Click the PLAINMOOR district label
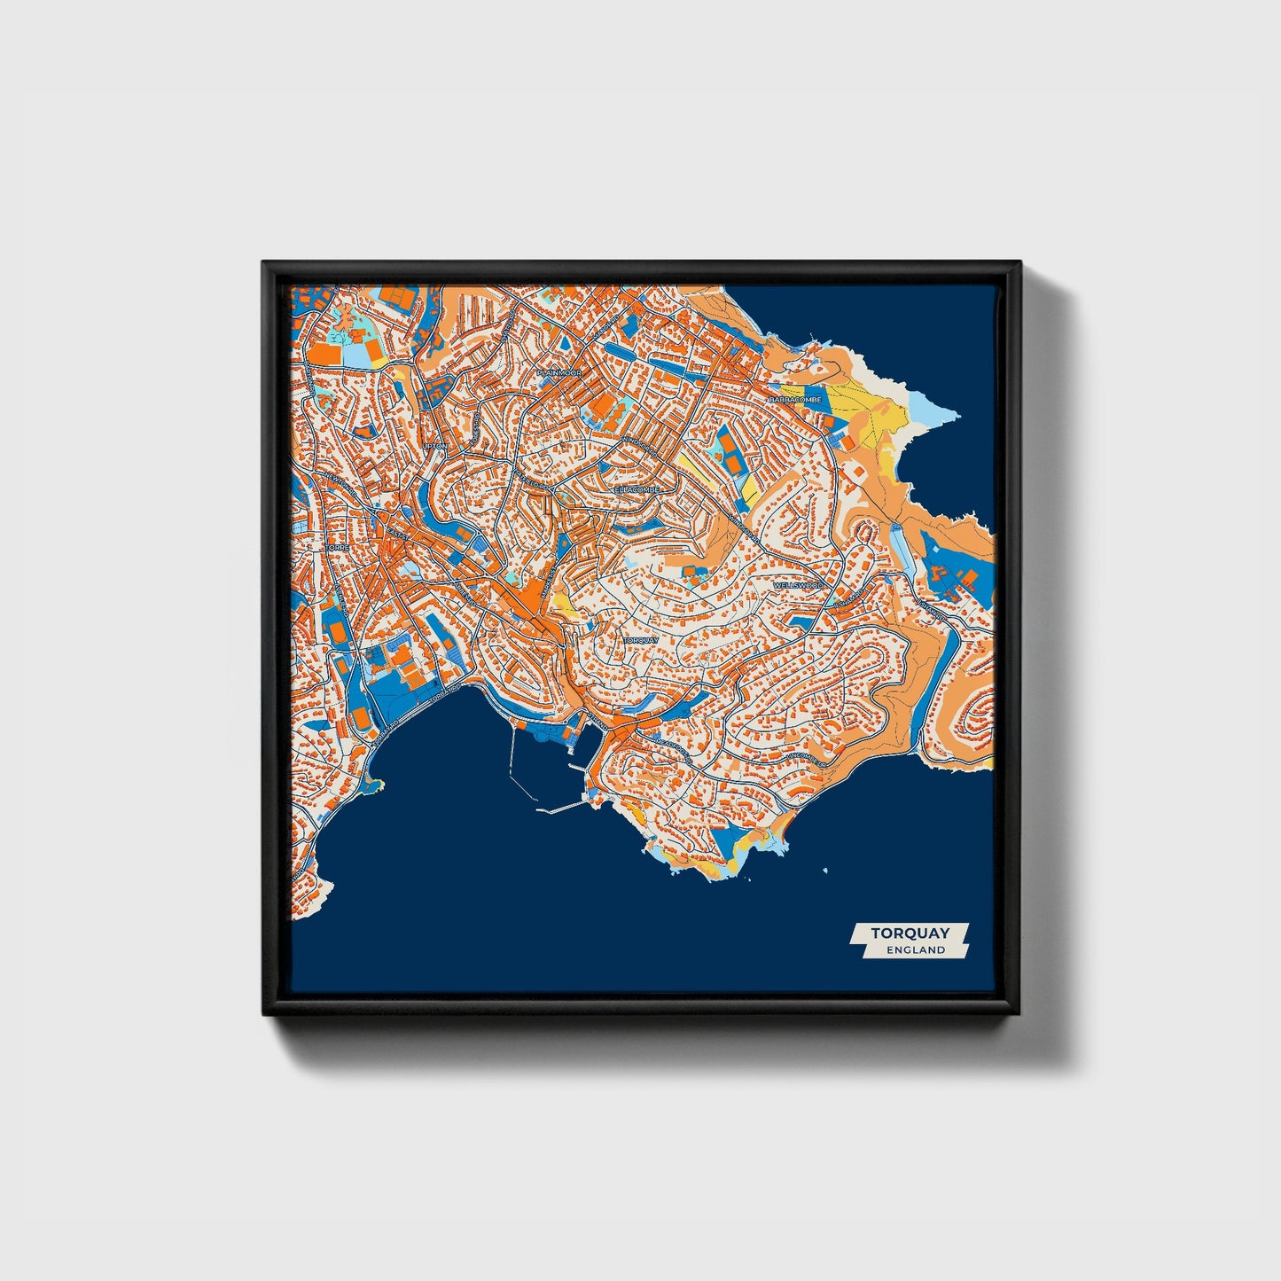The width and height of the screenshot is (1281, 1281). click(558, 373)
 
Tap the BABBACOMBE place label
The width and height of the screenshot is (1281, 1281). click(795, 400)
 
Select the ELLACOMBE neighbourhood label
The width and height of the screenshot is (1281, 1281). click(638, 488)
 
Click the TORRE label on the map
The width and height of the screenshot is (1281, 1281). click(338, 549)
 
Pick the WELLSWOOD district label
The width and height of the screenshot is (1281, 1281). click(798, 586)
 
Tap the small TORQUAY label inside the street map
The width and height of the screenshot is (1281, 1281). click(641, 639)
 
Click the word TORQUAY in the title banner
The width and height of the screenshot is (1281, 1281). click(910, 933)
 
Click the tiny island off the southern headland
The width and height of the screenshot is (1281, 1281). click(826, 870)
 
